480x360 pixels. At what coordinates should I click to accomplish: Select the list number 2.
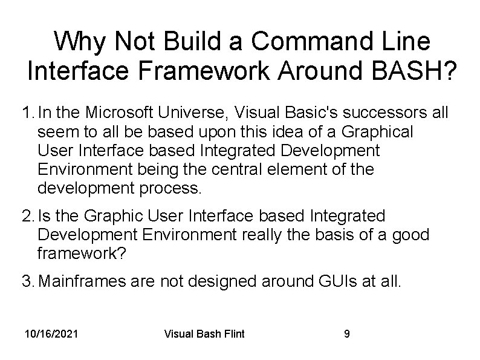pos(27,216)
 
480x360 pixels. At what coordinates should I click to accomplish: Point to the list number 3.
pos(27,281)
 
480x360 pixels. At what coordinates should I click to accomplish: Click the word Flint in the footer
pos(232,334)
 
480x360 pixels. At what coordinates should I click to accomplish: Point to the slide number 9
pos(346,334)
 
